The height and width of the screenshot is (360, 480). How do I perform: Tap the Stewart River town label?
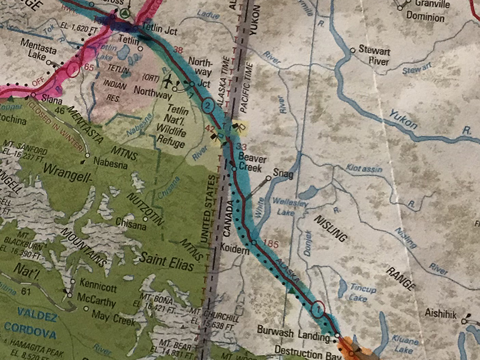pos(374,56)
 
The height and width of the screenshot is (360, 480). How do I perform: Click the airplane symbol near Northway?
pos(168,80)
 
